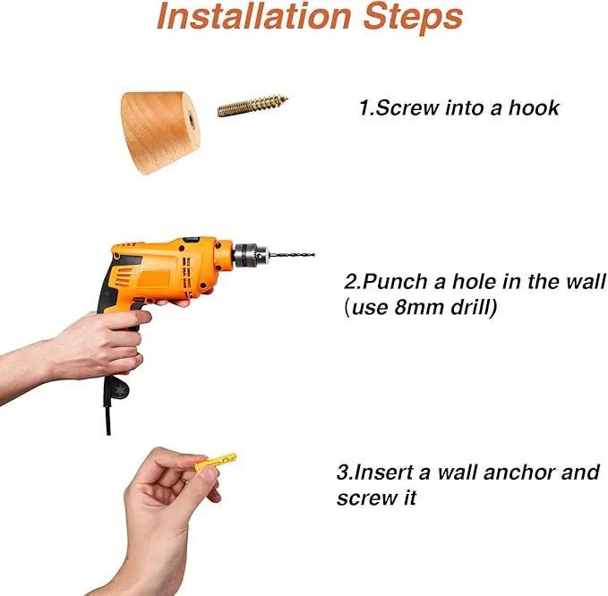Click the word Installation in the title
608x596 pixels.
coord(254,16)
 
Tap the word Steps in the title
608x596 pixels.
coord(414,18)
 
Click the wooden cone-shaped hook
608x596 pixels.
coord(160,132)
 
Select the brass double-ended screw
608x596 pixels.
coord(253,106)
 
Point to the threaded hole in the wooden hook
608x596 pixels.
coord(191,116)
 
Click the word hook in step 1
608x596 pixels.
coord(534,107)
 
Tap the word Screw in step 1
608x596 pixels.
coord(407,107)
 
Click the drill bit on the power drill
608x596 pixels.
coord(292,255)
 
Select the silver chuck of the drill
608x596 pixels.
coord(250,255)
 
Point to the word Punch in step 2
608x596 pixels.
coord(395,282)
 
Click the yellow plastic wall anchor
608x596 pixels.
coord(215,461)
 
